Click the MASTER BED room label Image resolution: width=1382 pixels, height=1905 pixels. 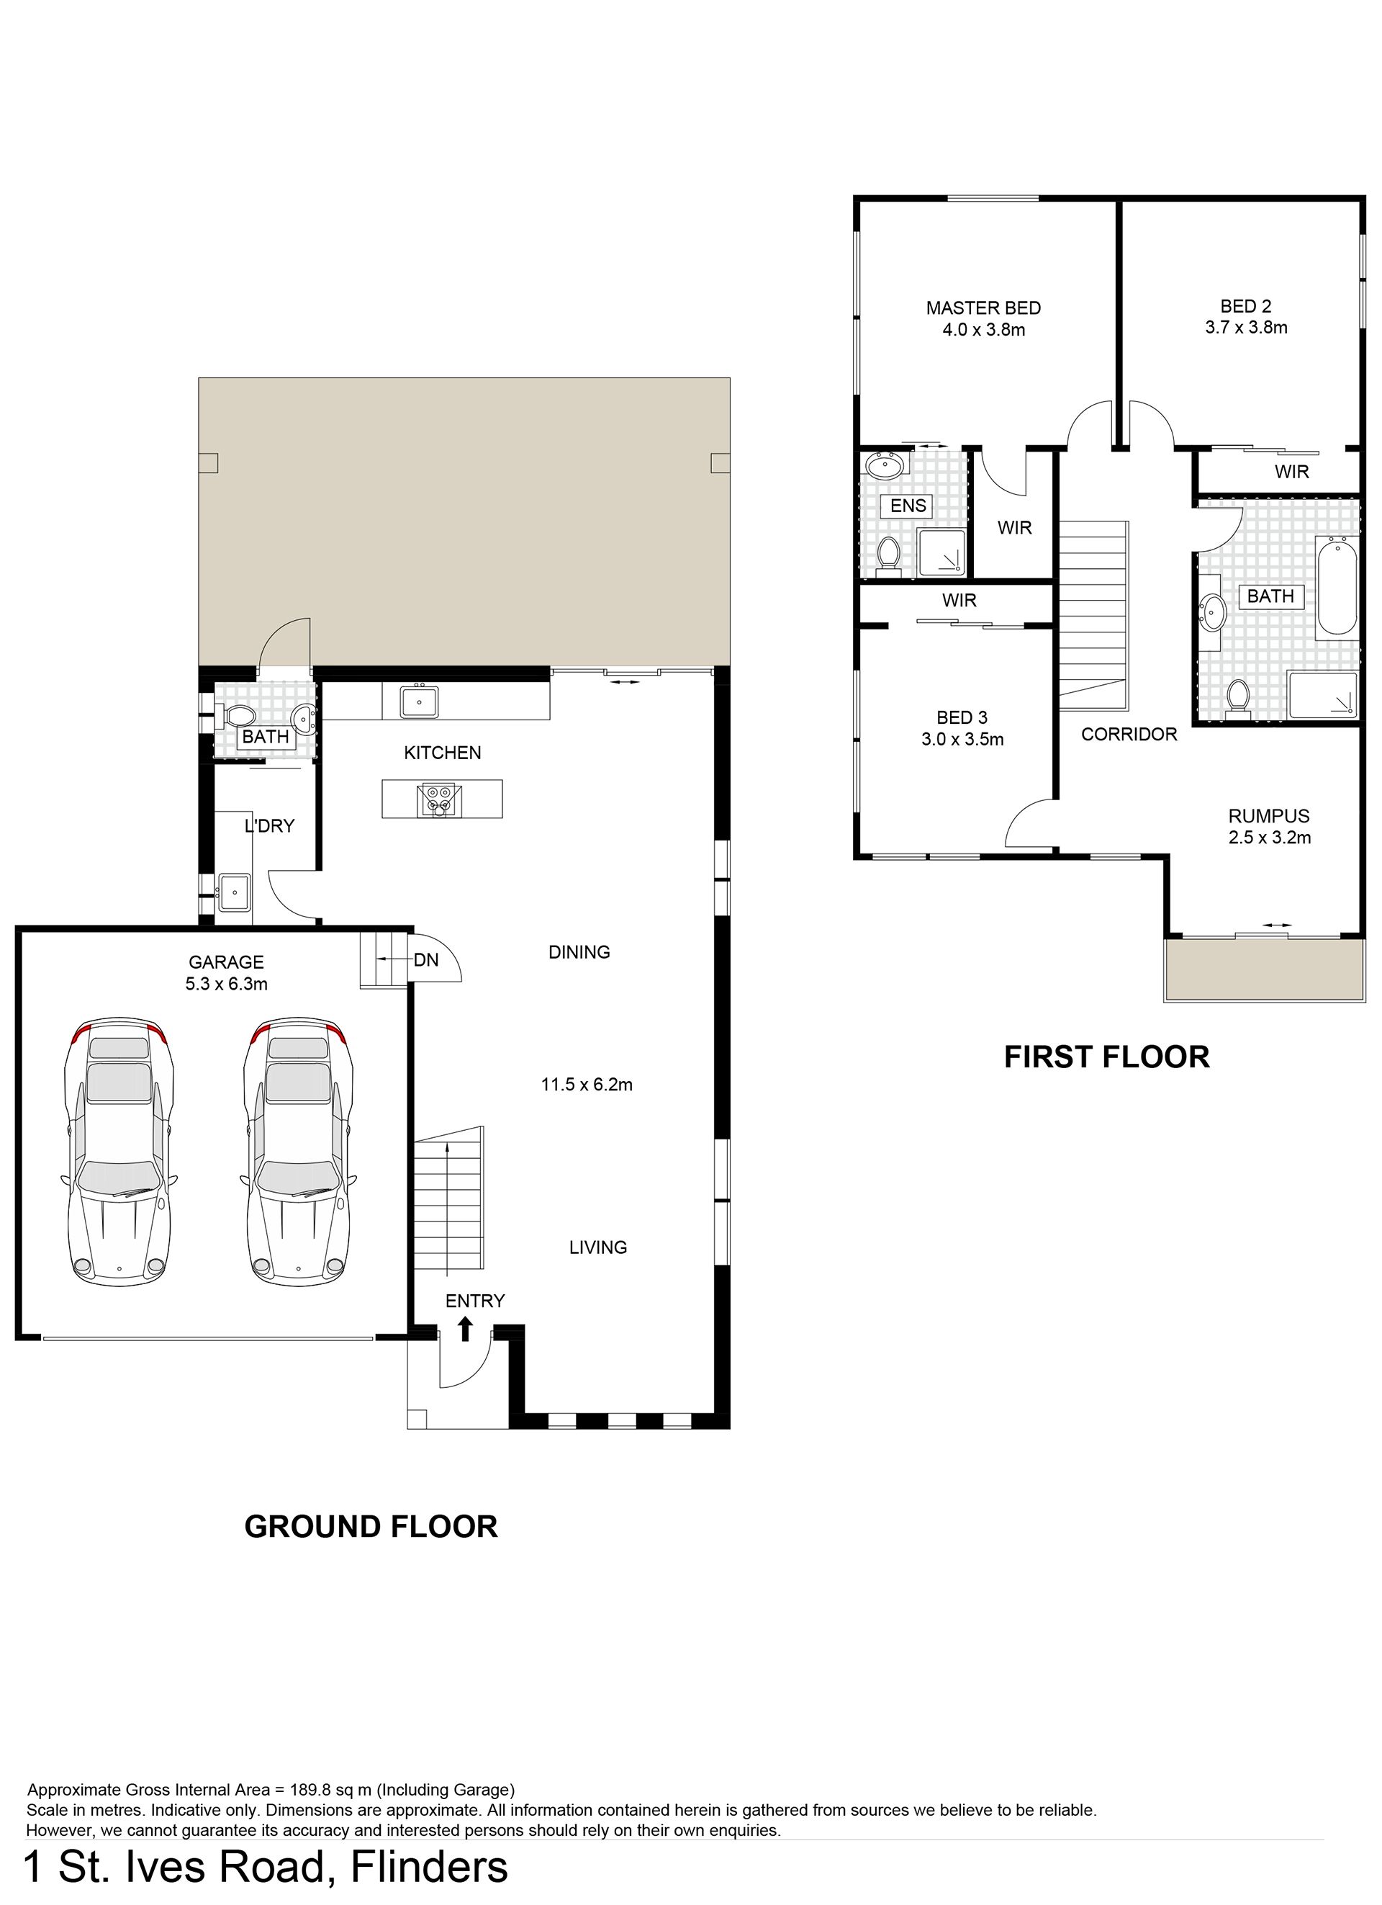coord(983,308)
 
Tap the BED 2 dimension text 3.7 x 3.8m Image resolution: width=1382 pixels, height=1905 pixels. coord(1246,328)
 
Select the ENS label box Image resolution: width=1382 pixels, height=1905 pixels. coord(908,506)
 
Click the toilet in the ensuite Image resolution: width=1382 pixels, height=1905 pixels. coord(888,556)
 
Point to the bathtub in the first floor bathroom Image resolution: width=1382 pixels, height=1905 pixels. coord(1337,588)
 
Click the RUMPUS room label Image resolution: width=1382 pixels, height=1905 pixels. coord(1269,815)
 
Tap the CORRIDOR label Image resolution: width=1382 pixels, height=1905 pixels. coord(1129,734)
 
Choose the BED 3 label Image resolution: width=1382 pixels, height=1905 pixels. coord(962,717)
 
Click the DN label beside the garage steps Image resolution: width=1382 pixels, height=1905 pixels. coord(427,959)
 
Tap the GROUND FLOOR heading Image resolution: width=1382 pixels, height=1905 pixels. coord(371,1526)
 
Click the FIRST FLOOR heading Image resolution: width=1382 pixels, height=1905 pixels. coord(1106,1057)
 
